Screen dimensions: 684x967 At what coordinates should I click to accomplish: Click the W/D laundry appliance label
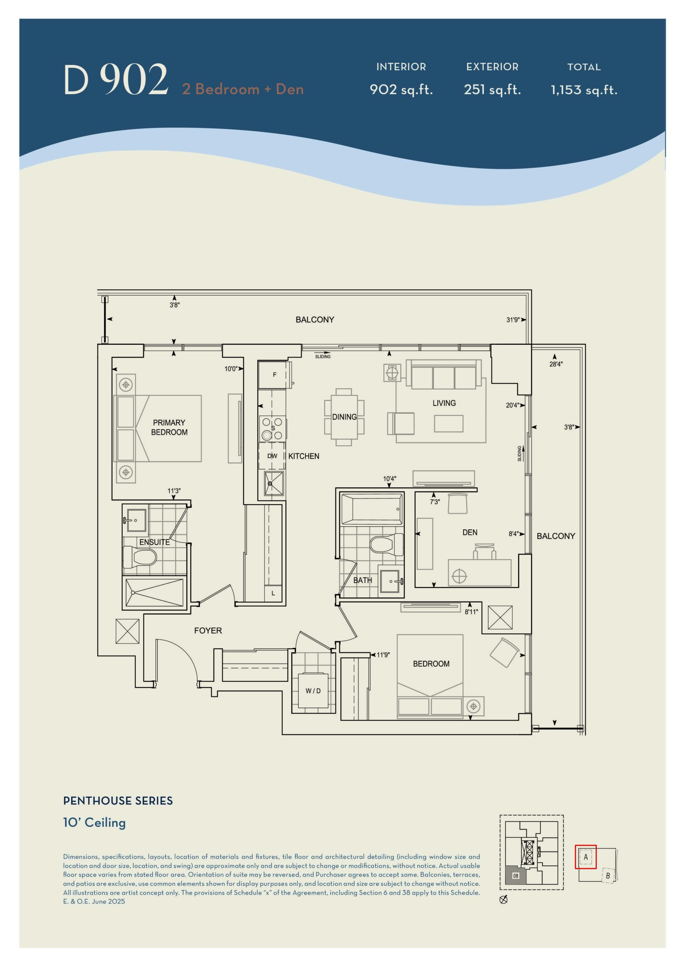[313, 691]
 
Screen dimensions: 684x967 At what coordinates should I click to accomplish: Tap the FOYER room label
[208, 630]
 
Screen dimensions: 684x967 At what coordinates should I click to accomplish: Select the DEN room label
[469, 532]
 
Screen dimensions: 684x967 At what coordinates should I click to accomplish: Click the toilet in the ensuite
[139, 557]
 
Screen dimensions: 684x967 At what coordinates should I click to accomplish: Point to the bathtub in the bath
[372, 509]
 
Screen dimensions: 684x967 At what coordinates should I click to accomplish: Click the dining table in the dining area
[344, 417]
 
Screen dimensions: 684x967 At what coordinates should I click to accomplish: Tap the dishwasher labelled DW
[272, 456]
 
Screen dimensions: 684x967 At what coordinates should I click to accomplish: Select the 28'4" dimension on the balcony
[556, 364]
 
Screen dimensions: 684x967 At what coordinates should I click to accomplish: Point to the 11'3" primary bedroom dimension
[174, 491]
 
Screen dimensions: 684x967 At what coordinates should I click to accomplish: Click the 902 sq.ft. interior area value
[401, 90]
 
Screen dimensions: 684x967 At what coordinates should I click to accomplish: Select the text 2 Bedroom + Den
[242, 89]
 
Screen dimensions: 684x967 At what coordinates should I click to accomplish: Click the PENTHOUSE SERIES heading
[118, 801]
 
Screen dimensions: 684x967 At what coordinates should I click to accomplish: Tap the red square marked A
[585, 857]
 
